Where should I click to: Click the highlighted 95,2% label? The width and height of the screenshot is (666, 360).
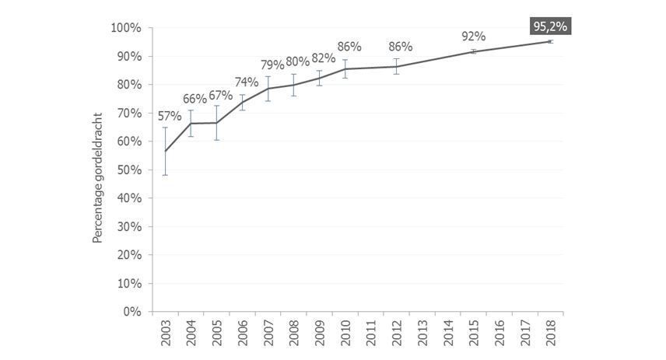point(551,27)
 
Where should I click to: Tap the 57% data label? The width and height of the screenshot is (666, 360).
point(170,117)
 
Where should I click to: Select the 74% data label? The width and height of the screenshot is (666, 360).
point(246,82)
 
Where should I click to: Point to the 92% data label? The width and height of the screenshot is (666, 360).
point(473,36)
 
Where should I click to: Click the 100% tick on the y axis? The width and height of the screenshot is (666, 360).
point(125,28)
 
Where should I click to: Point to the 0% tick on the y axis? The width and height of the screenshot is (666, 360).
point(131,312)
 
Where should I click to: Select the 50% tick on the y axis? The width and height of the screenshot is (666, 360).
point(128,170)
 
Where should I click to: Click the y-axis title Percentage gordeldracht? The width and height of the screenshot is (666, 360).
point(98,170)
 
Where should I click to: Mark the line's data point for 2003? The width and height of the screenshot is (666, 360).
point(165,151)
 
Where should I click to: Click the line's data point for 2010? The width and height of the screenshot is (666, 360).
point(345,69)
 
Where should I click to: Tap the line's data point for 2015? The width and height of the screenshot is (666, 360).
point(473,51)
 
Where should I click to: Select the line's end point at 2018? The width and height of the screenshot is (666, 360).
point(550,41)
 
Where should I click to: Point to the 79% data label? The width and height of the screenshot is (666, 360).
point(272,65)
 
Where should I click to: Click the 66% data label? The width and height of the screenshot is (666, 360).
point(195,99)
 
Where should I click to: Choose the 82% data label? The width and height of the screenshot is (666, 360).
point(324,58)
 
